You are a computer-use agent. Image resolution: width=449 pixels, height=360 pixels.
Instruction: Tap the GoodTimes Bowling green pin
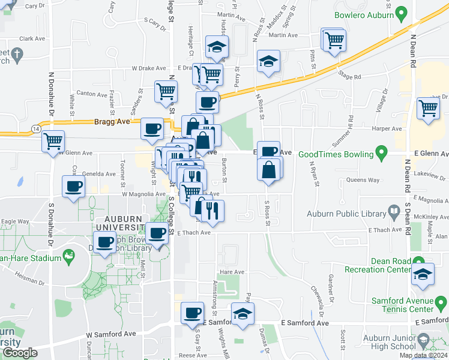[379, 153]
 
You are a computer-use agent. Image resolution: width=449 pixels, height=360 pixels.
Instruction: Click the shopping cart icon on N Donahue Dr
[53, 141]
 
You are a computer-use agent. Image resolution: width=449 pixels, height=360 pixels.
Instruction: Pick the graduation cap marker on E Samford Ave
[243, 314]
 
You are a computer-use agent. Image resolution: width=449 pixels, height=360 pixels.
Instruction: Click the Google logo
[20, 353]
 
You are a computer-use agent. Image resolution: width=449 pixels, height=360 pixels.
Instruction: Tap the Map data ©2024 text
[423, 355]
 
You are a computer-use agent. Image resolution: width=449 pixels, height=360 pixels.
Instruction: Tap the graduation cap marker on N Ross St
[268, 61]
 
